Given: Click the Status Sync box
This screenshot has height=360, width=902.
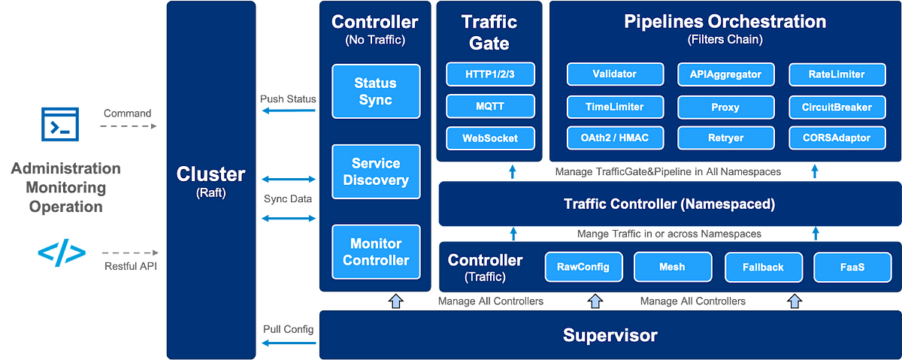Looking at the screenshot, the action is coord(376,91).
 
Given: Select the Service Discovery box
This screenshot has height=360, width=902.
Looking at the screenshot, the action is coord(376,171).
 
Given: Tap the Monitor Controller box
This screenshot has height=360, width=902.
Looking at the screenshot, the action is coord(376,252).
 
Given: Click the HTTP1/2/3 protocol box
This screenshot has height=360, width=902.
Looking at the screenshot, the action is coord(490,74).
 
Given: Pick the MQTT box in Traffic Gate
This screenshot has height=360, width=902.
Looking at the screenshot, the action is coord(490,106).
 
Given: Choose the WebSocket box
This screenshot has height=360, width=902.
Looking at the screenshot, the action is coord(490,138).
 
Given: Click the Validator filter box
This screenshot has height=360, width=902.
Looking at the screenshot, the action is coord(615,74).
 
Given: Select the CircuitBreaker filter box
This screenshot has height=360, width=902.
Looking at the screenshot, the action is coord(837,107).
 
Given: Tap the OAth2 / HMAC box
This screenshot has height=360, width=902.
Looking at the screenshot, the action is coord(615,138).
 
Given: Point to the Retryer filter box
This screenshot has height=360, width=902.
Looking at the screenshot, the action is coord(725,138).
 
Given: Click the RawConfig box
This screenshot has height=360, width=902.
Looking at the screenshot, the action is coord(583,267).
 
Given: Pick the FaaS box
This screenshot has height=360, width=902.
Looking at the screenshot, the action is coord(852,267).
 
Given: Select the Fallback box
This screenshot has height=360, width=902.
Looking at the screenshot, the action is coord(763,267).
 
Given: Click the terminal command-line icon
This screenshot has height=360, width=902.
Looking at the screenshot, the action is coord(60,124).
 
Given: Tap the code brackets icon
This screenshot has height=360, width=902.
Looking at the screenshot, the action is coord(62,253).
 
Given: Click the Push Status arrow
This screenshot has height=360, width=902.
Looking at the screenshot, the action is coord(289,110).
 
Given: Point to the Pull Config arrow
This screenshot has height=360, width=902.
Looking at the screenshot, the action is coord(289,343).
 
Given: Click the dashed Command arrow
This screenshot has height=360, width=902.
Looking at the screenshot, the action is coord(129,126).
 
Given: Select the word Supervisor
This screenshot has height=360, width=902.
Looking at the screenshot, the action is coord(610,335).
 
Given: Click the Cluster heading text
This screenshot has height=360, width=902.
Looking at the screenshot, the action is coord(210,174).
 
